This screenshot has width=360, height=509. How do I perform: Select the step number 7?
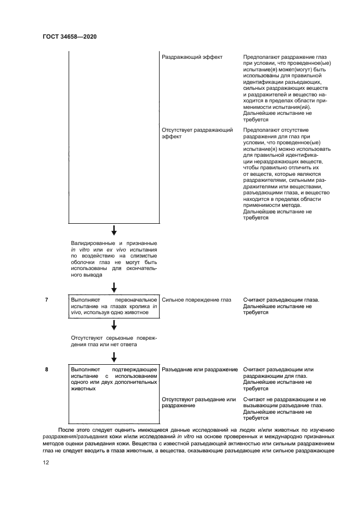(x=47, y=300)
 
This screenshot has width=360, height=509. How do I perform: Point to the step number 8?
(x=47, y=370)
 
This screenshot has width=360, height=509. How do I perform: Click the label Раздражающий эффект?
(x=192, y=57)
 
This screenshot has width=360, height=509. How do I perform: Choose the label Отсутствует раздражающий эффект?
(x=197, y=134)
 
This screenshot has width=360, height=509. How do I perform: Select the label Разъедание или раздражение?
(x=200, y=370)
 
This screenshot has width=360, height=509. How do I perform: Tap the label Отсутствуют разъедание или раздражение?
(x=199, y=403)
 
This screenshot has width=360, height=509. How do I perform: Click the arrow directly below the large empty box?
(x=114, y=231)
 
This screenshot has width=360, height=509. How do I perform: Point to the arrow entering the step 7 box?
(x=114, y=287)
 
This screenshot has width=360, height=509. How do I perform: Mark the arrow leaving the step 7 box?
(x=114, y=325)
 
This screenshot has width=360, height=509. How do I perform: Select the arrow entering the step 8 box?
(x=114, y=357)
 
